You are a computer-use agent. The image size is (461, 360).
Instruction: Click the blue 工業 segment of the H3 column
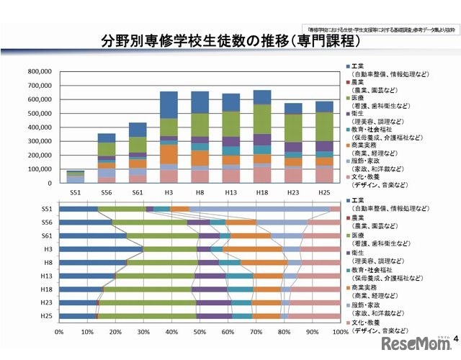[169, 105]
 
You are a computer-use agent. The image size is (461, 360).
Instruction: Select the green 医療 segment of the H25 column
[324, 127]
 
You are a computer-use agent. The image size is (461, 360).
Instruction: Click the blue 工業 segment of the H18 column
[262, 98]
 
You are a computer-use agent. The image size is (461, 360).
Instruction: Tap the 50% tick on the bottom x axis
[200, 333]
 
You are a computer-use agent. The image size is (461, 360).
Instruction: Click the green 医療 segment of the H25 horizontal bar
[148, 316]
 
